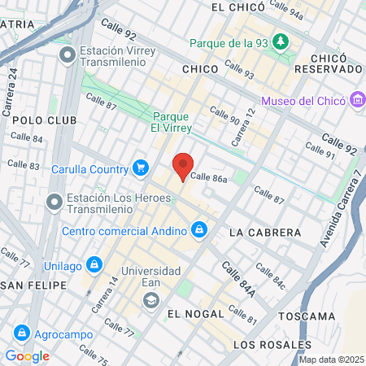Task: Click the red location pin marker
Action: click(182, 166)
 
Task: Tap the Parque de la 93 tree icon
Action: click(281, 41)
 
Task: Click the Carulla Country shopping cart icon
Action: click(142, 168)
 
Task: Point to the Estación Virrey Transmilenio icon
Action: click(68, 54)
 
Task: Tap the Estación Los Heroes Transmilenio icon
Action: click(54, 200)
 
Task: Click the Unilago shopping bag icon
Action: click(94, 264)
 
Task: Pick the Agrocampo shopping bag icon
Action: click(22, 333)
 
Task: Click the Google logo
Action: click(27, 355)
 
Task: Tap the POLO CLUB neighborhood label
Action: click(45, 120)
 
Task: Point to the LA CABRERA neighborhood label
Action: click(265, 233)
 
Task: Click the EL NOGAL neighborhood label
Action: click(194, 313)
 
